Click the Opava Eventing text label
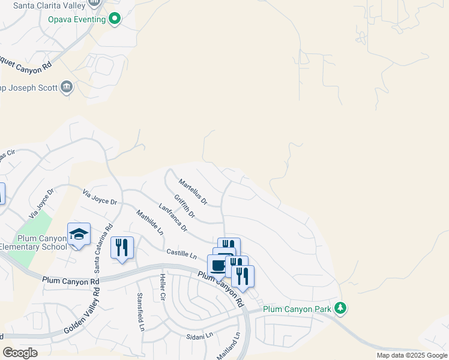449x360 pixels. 77,19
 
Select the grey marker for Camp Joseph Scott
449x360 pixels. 67,88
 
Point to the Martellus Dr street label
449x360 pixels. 192,190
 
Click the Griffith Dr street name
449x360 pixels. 185,206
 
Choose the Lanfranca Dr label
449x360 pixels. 173,218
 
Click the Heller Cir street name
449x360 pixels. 162,287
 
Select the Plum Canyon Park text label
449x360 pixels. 298,309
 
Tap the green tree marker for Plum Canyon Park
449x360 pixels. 341,308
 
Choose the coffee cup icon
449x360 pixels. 218,265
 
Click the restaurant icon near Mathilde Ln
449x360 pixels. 122,247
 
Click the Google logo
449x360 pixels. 20,352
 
